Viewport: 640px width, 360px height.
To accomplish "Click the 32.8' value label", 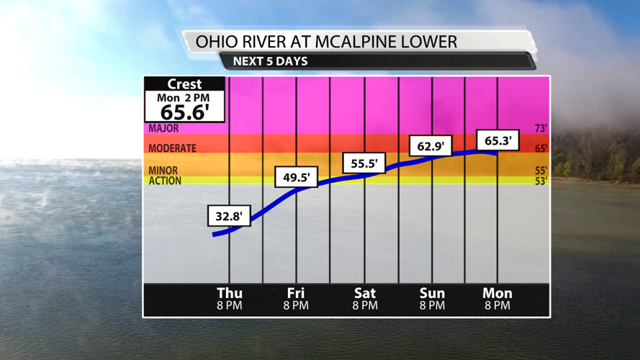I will (230, 215).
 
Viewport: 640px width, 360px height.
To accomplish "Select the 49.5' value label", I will (297, 177).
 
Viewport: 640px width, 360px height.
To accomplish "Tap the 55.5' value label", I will (364, 163).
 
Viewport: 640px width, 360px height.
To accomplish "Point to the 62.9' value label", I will (431, 147).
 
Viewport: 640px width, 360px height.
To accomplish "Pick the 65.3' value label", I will (497, 140).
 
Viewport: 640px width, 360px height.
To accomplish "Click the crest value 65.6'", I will (184, 112).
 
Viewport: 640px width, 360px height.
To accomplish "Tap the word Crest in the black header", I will (184, 84).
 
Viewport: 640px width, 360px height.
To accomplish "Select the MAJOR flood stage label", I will (163, 129).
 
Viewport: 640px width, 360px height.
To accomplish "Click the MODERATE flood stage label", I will (172, 148).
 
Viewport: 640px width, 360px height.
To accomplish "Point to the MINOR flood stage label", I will (163, 171).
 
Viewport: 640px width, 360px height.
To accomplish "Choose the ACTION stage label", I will (165, 181).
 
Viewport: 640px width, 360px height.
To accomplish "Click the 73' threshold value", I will (541, 129).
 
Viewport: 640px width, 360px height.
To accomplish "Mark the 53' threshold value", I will (541, 181).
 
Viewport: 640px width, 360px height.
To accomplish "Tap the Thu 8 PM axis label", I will (230, 299).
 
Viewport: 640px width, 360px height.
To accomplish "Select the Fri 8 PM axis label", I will (296, 299).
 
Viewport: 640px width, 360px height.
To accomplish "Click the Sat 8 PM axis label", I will (365, 299).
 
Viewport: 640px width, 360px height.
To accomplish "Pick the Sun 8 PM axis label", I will (432, 299).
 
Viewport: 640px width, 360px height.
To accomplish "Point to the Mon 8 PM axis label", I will (497, 299).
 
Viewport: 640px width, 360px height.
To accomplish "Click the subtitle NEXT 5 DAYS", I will (270, 61).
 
